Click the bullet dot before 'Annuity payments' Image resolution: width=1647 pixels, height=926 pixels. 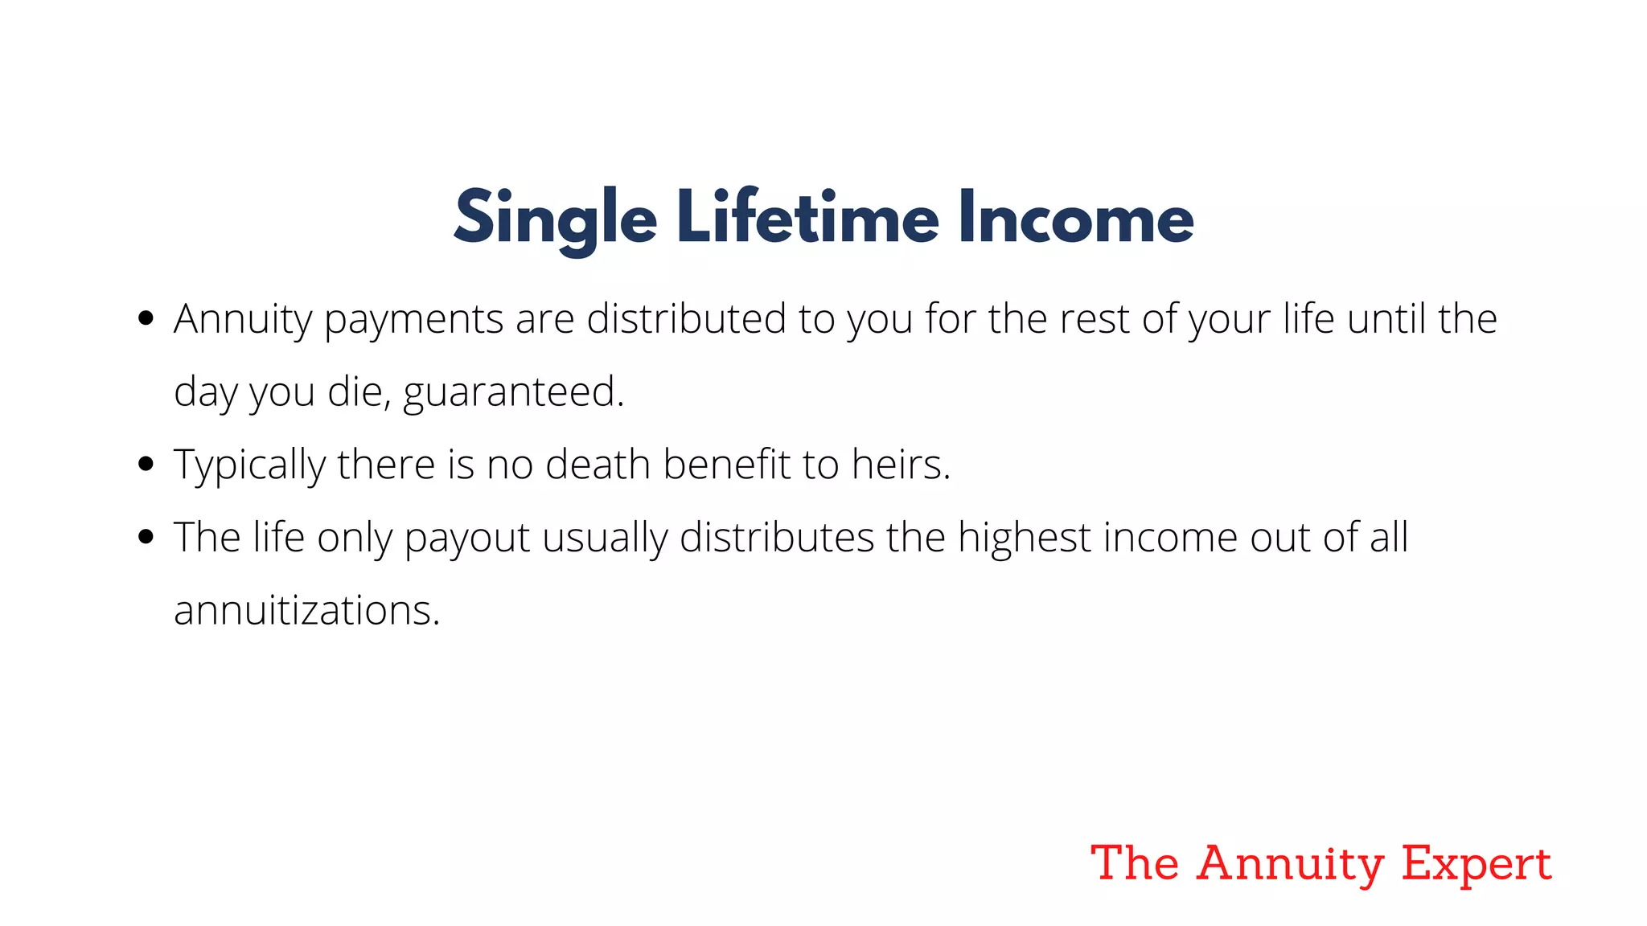tap(146, 318)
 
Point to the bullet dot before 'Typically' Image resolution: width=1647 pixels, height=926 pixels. tap(146, 464)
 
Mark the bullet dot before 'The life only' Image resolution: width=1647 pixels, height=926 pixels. tap(146, 537)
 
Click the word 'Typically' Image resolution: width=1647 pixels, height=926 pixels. tap(249, 465)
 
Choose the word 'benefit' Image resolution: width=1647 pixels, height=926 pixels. tap(726, 465)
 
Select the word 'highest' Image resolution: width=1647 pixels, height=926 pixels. tap(1024, 538)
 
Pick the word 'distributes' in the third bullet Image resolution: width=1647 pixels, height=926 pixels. tap(776, 537)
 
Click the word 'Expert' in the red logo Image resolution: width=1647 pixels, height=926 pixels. tap(1476, 865)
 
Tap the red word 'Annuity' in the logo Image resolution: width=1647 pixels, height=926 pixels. tap(1290, 865)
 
